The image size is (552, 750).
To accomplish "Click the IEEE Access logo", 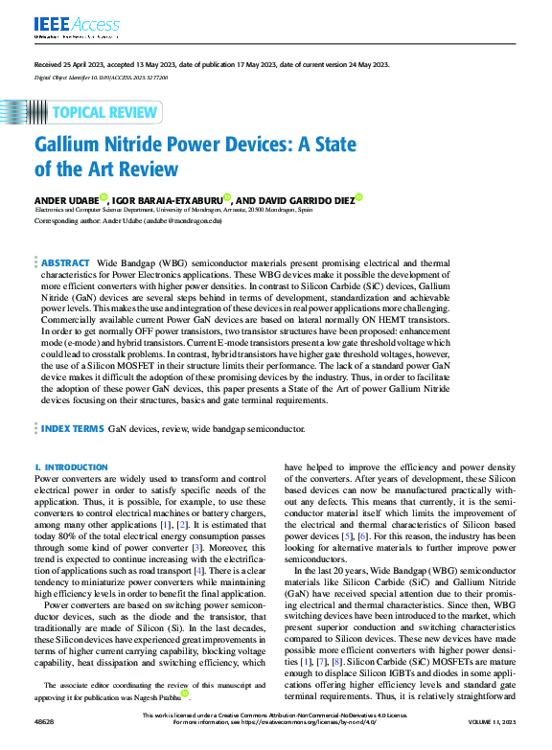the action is point(77,24).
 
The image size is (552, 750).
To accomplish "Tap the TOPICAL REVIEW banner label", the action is point(104,112).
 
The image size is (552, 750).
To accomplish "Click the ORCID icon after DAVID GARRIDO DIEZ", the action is point(358,196).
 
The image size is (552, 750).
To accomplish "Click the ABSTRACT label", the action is point(64,261).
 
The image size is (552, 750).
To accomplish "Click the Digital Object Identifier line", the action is point(101,76).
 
